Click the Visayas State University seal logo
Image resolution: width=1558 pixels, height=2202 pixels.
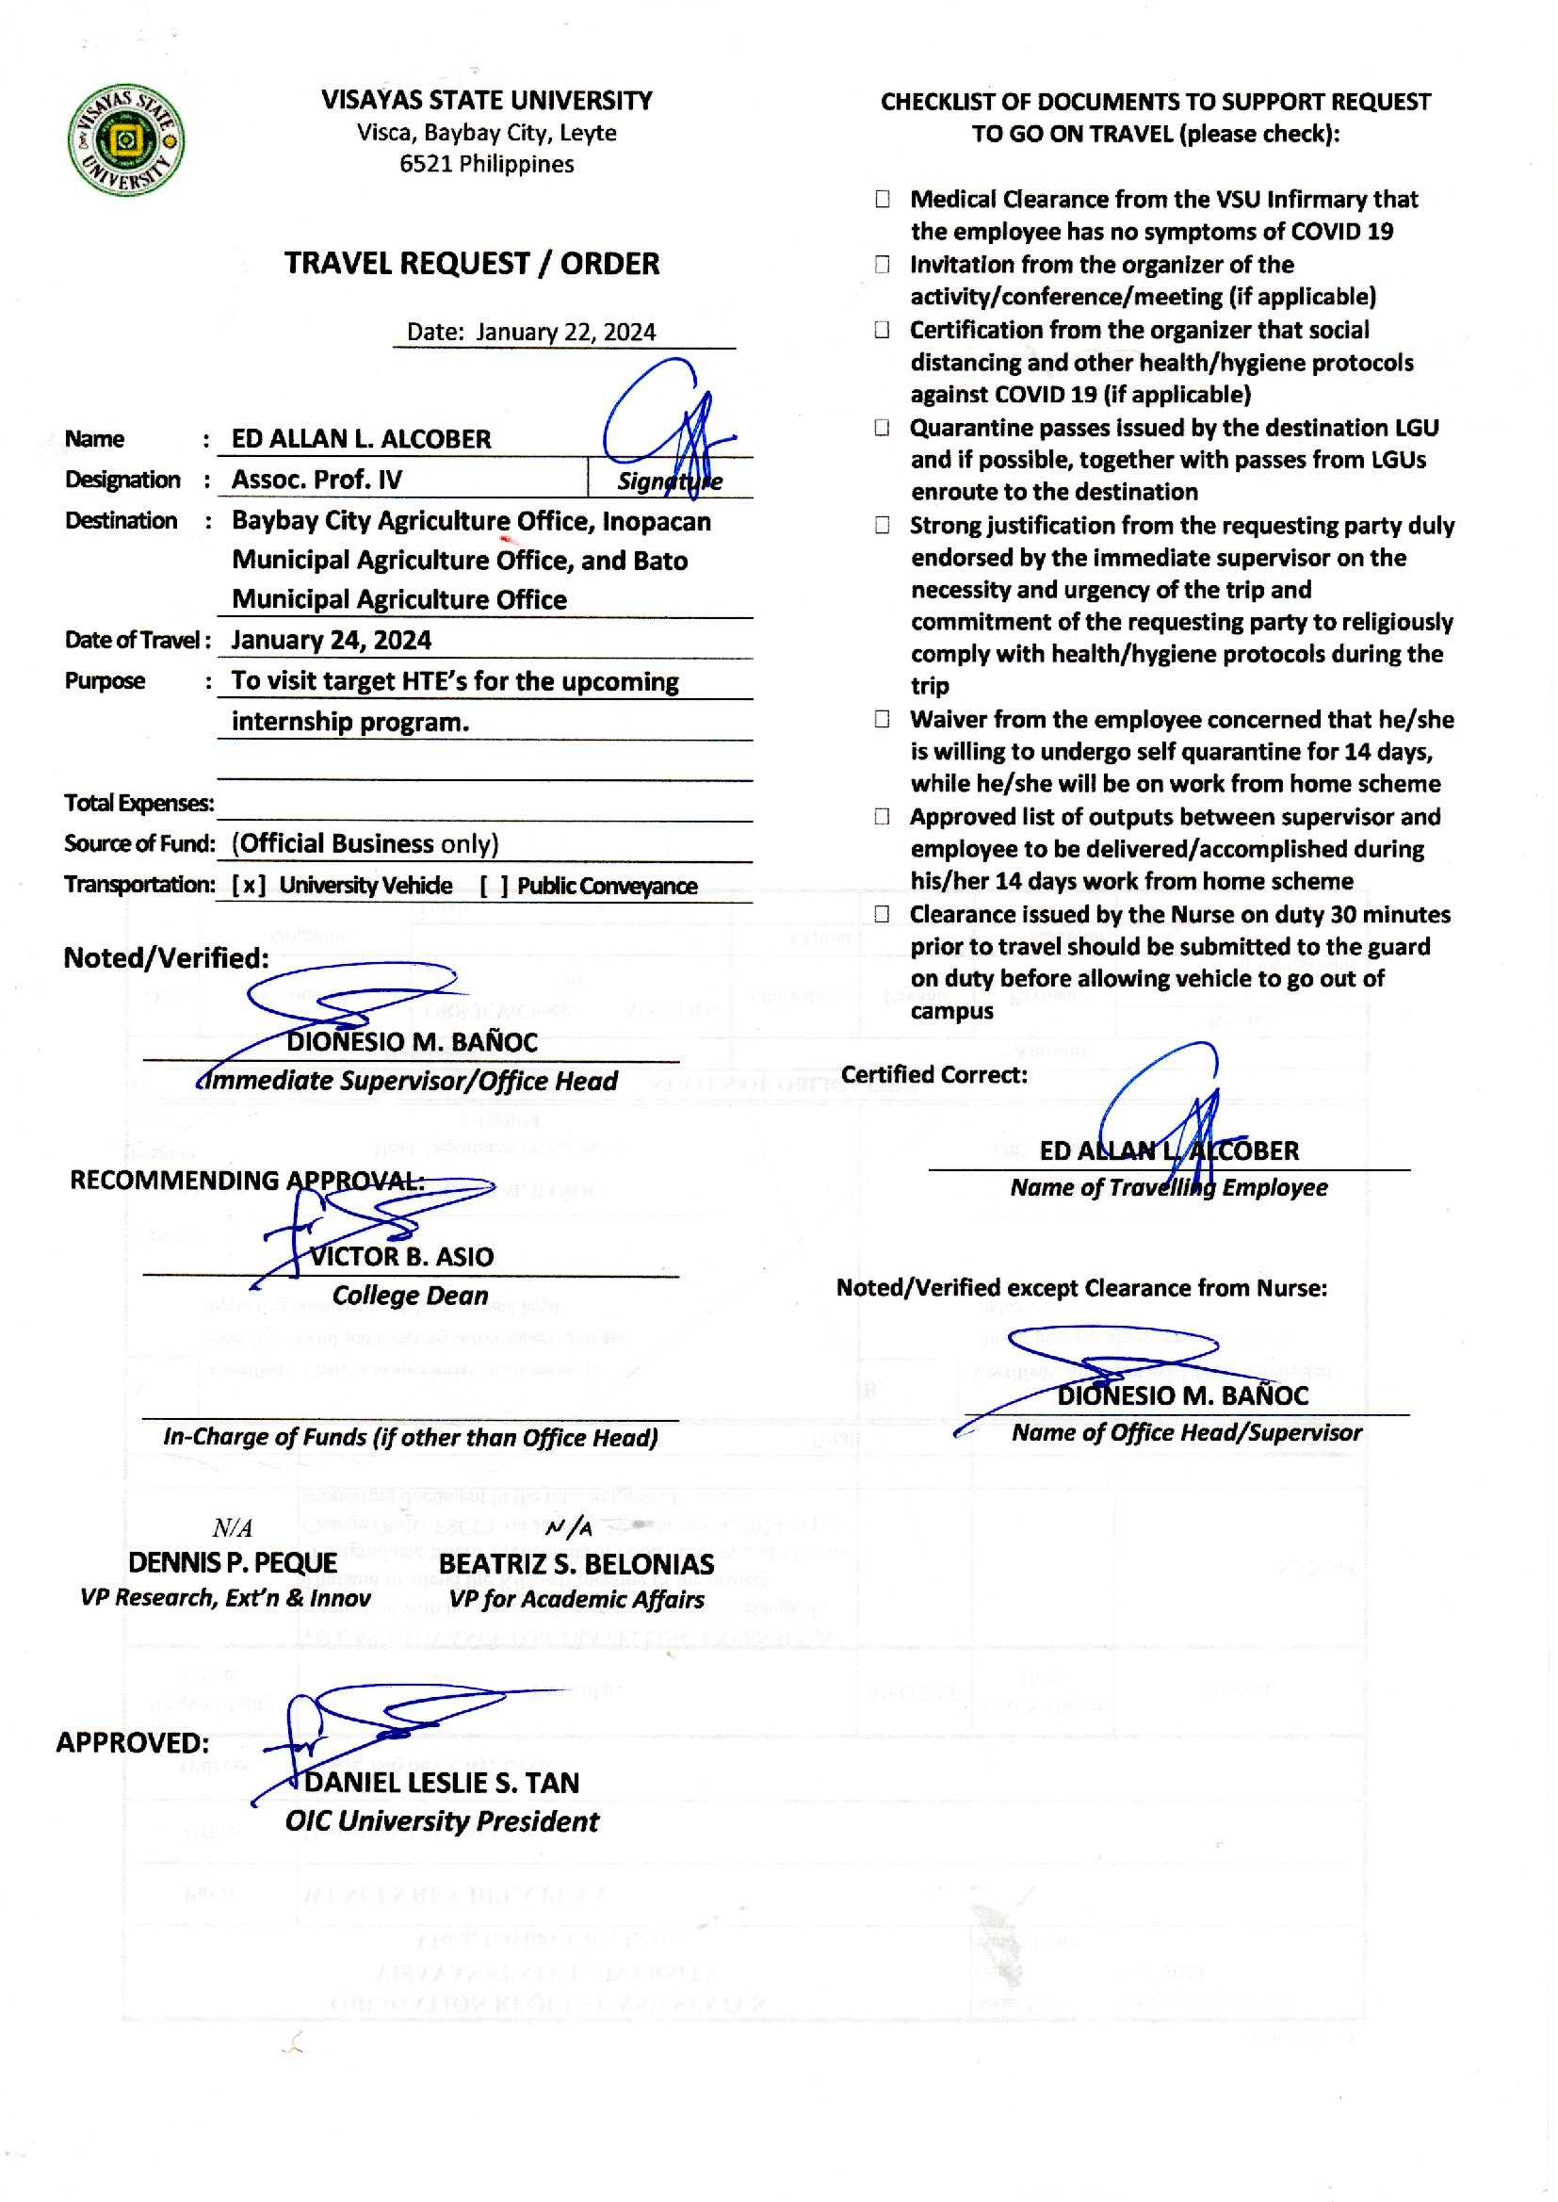coord(125,140)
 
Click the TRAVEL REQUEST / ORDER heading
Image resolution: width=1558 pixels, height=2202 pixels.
coord(471,264)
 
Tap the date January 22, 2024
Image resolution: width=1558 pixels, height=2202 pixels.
coord(565,332)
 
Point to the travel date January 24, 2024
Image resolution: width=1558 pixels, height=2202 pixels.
coord(331,640)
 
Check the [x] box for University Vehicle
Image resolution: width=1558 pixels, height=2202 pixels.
coord(249,886)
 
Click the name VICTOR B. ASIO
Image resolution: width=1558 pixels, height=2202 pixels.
coord(401,1257)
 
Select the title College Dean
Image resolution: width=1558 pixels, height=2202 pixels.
coord(410,1296)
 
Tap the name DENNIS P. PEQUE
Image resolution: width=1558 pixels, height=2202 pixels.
coord(232,1563)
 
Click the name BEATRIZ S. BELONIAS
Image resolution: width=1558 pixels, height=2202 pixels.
coord(576,1564)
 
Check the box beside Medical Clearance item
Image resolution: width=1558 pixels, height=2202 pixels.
coord(882,200)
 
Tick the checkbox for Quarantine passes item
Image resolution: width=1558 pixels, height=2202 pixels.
coord(882,428)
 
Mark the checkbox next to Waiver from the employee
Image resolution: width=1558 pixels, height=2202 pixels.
coord(882,720)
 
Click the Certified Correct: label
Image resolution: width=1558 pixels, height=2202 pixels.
coord(933,1074)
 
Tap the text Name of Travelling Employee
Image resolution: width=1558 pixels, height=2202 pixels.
coord(1167,1188)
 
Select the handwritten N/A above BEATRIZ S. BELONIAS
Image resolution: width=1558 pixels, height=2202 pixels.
coord(568,1526)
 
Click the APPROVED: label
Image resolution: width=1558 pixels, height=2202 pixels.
coord(133,1742)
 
